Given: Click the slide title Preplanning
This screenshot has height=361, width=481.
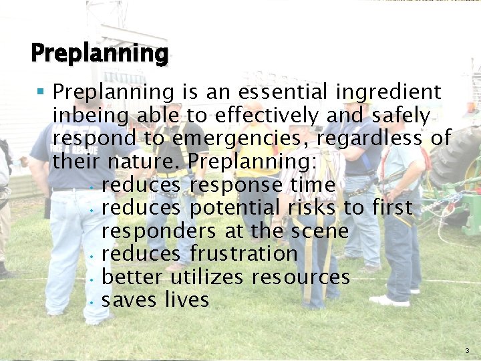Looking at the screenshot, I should click(x=99, y=53).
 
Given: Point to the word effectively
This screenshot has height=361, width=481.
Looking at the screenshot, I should click(x=268, y=116).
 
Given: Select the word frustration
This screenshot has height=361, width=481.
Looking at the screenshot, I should click(x=243, y=254).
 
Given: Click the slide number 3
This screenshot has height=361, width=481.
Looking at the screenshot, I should click(x=466, y=350).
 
